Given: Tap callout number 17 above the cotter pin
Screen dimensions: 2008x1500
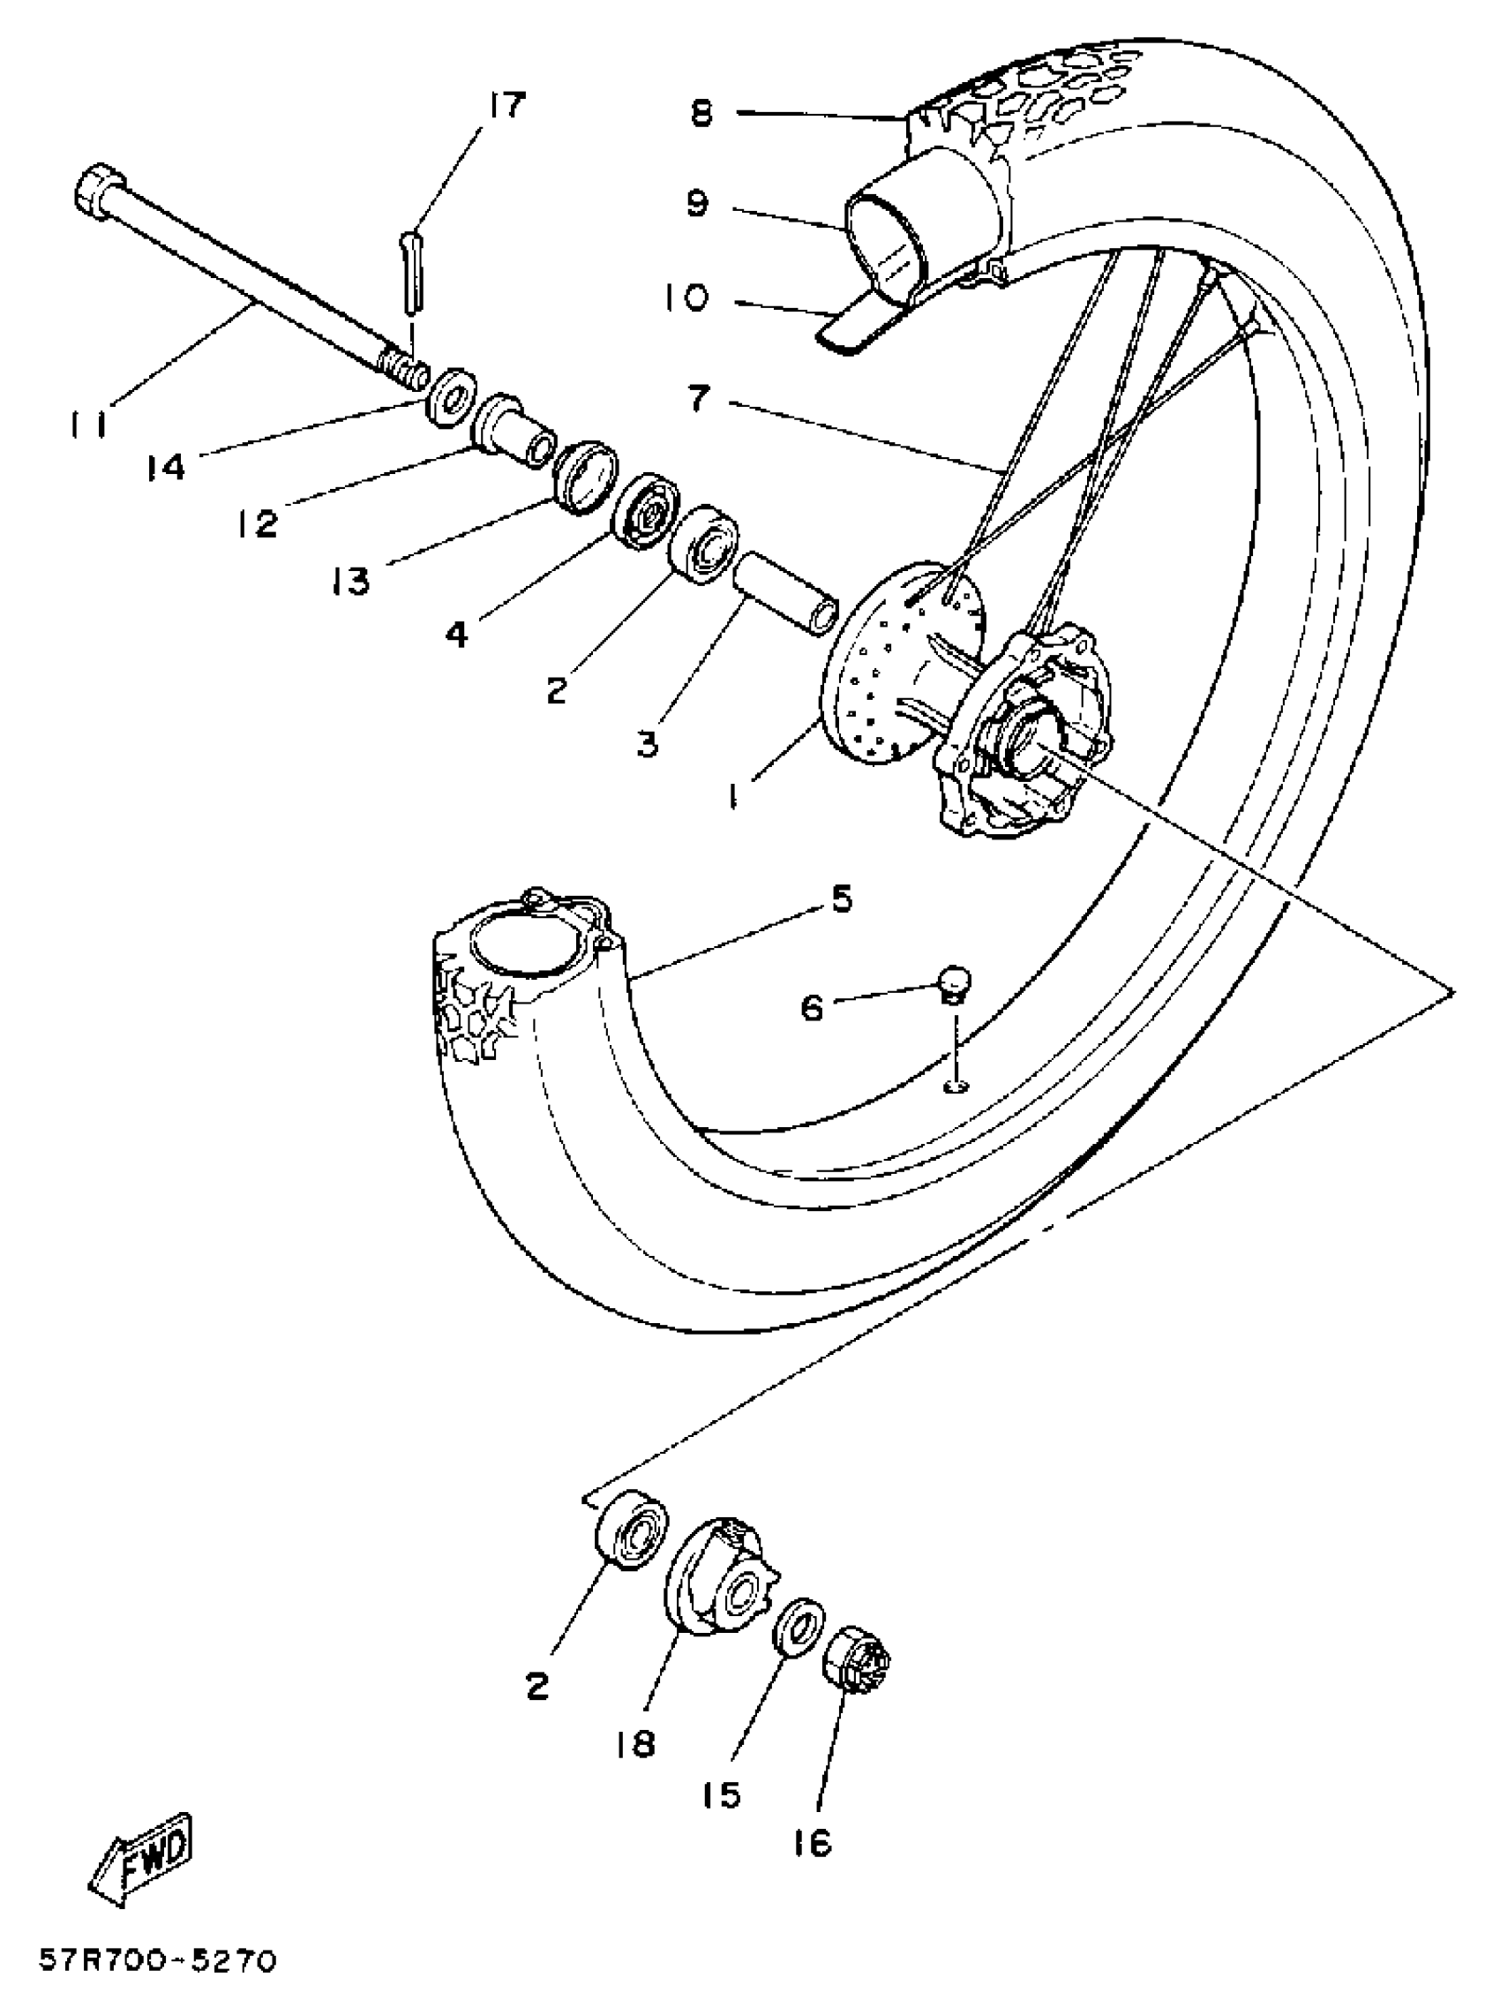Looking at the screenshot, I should (506, 105).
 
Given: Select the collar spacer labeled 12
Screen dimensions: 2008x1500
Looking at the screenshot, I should (514, 433).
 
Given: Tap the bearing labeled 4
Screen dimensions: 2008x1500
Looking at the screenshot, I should (646, 510).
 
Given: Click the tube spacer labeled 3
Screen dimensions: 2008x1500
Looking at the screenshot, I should (787, 596).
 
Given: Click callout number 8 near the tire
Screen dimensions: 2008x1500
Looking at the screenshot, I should (701, 115).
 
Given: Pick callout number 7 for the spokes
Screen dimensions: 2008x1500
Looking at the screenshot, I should (698, 399).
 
